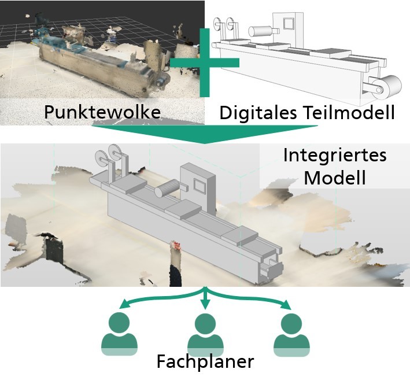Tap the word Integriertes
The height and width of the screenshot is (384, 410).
pos(335,156)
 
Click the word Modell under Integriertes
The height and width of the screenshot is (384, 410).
pos(335,177)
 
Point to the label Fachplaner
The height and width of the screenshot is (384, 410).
pos(205,363)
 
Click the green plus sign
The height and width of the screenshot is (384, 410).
pos(204,61)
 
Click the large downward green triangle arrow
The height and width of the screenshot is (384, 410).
pos(204,134)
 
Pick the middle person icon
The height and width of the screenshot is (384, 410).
pos(204,334)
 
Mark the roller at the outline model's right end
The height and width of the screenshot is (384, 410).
pos(387,87)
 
